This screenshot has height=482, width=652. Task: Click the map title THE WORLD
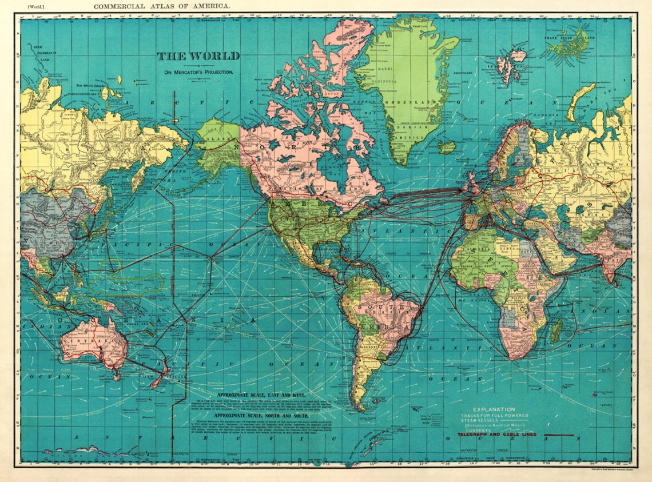(198, 56)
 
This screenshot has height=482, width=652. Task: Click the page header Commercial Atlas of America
(162, 6)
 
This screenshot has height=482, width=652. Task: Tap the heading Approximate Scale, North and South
(266, 416)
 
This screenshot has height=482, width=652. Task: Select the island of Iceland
(447, 146)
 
